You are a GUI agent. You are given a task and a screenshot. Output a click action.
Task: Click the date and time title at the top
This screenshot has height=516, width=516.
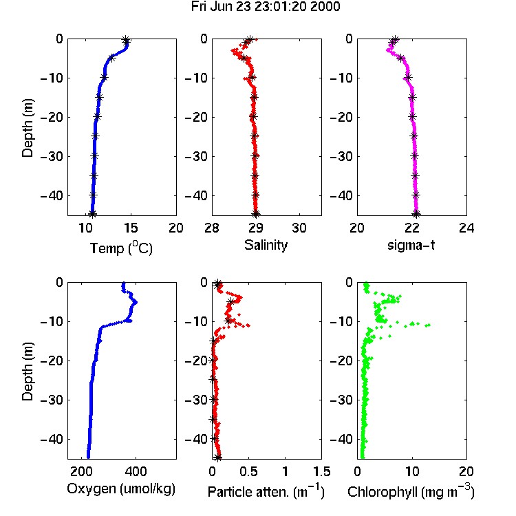click(266, 7)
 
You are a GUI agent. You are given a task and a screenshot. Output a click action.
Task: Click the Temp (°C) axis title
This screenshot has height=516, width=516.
click(121, 248)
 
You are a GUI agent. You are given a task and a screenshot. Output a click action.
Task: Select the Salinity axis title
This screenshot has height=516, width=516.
click(266, 245)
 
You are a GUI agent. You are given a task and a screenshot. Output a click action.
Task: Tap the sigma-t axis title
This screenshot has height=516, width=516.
click(411, 245)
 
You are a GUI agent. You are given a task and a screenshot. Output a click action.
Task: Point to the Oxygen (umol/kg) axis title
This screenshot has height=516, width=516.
click(121, 489)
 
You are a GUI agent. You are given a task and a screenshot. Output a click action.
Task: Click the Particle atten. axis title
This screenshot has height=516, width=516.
click(266, 492)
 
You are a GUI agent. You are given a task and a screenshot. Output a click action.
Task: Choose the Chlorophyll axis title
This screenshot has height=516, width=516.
click(411, 492)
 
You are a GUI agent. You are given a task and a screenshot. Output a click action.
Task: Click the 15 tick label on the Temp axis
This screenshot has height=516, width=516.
click(131, 228)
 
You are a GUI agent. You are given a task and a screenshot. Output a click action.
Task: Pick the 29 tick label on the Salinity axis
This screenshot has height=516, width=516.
click(255, 228)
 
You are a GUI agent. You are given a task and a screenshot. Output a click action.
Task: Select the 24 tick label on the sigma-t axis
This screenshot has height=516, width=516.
click(466, 228)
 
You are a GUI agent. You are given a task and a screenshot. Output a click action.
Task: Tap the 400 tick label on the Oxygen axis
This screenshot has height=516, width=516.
click(136, 471)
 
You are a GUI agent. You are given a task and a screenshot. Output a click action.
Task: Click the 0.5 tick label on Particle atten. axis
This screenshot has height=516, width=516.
click(248, 471)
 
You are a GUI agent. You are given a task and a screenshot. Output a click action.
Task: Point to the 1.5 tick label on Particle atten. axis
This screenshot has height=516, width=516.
click(321, 471)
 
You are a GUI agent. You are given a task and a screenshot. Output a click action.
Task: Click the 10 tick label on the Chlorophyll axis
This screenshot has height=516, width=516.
click(411, 471)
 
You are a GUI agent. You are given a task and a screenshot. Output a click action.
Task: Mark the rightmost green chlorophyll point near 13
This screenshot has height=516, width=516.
click(428, 325)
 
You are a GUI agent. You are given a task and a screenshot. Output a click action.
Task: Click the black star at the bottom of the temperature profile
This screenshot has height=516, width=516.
click(92, 213)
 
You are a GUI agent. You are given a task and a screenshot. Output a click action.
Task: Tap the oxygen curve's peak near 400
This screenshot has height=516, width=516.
click(135, 302)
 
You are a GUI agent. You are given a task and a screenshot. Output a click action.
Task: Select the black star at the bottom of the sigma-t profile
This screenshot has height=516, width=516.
click(416, 214)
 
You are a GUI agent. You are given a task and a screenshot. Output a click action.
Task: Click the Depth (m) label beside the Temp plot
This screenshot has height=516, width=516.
click(28, 128)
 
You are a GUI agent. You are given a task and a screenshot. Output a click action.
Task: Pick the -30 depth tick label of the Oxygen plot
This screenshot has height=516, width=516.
click(52, 400)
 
